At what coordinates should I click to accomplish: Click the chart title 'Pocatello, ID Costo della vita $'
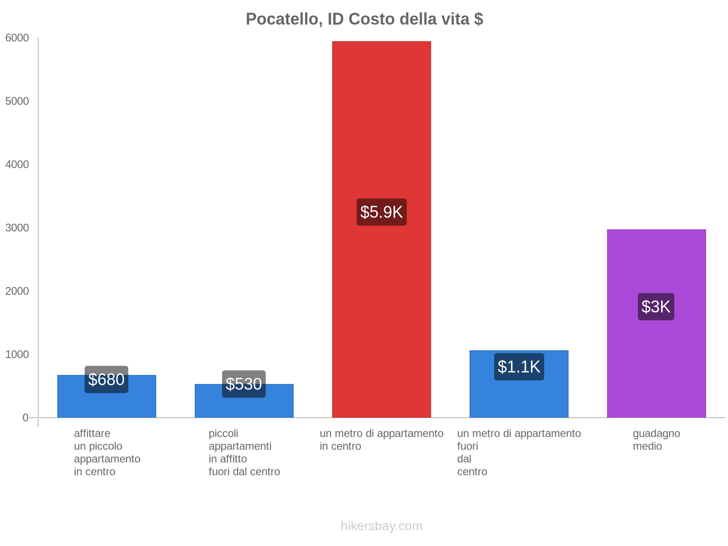[x=364, y=19]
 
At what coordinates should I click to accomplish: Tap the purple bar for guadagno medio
[x=656, y=264]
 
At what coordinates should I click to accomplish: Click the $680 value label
[x=106, y=379]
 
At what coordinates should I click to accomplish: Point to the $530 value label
[x=244, y=384]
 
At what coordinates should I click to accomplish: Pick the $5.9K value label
[x=381, y=212]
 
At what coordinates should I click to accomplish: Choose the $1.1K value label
[x=519, y=367]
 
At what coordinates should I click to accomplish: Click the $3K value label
[x=656, y=307]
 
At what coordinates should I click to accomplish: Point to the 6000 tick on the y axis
[x=17, y=38]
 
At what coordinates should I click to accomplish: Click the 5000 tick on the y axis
[x=17, y=101]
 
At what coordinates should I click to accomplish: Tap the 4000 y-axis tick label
[x=17, y=165]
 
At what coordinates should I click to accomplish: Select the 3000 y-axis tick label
[x=17, y=228]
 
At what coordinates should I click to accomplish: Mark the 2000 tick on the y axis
[x=17, y=291]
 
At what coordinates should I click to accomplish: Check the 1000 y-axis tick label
[x=17, y=354]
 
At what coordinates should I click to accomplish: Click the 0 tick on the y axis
[x=25, y=418]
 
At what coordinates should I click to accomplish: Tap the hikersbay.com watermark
[x=381, y=526]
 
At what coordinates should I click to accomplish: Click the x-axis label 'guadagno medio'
[x=656, y=440]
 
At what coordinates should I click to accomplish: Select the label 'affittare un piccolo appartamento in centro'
[x=107, y=452]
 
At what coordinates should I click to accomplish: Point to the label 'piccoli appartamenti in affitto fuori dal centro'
[x=244, y=452]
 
